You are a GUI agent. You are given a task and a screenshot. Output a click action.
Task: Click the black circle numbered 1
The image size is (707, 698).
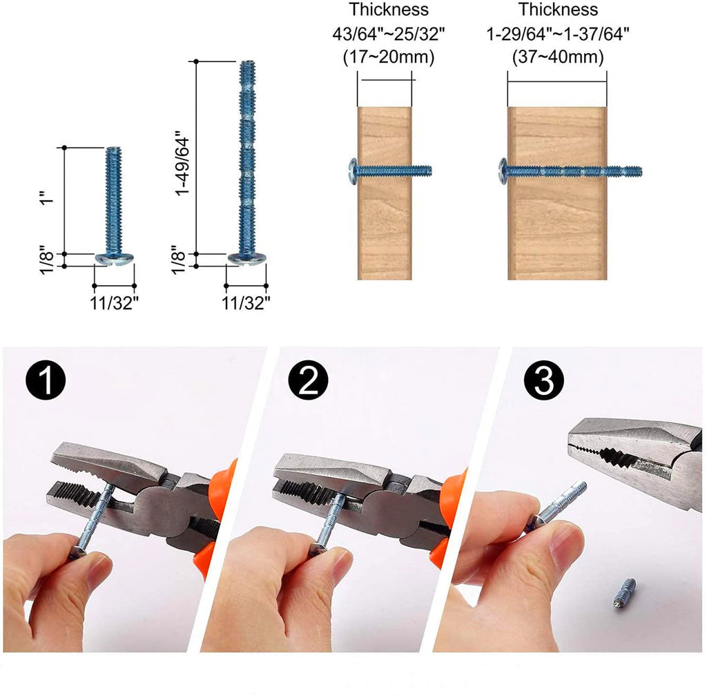point(46,380)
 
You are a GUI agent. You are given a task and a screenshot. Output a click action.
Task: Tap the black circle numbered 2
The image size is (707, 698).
point(309,380)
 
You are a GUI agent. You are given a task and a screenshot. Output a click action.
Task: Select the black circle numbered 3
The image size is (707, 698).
point(544,380)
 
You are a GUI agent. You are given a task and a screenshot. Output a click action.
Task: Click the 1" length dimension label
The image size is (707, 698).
point(47,196)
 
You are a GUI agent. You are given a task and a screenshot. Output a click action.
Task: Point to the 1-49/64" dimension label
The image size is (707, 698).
point(182,163)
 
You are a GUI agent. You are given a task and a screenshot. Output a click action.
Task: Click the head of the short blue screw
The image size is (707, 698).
point(115,259)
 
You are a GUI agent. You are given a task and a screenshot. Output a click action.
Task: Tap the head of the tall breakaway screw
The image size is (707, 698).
point(246,259)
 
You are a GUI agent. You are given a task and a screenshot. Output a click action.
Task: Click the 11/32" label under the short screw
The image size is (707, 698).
point(114,303)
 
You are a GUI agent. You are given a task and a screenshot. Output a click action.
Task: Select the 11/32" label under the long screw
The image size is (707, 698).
point(246,303)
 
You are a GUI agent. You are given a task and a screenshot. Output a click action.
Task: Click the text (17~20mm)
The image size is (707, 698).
point(389,57)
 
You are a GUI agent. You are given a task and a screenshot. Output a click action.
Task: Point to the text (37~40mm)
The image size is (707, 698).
point(558,57)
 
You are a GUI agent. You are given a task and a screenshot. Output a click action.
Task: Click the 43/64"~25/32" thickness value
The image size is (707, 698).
point(389,34)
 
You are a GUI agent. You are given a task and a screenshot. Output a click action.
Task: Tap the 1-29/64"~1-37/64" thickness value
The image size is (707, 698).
point(558,34)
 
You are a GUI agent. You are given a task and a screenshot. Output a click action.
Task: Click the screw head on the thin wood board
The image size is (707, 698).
point(353,171)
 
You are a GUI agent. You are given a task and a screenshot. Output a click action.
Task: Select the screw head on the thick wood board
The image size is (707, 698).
point(503,171)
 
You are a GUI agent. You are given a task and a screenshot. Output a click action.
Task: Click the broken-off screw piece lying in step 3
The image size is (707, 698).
point(621,594)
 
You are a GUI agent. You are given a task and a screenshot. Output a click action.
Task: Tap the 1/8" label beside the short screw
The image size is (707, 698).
point(47,260)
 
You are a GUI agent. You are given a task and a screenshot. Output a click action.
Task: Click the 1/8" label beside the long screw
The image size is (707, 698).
point(178,260)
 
